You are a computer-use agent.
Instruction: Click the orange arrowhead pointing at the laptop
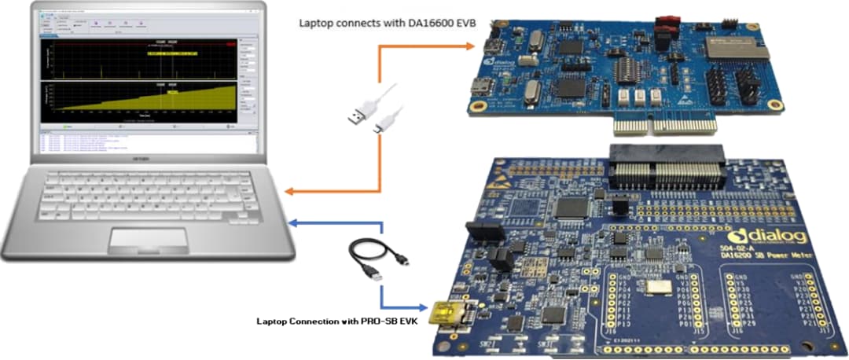(x=289, y=191)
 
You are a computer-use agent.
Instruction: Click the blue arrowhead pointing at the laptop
(x=292, y=222)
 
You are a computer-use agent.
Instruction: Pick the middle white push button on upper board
(x=639, y=97)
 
